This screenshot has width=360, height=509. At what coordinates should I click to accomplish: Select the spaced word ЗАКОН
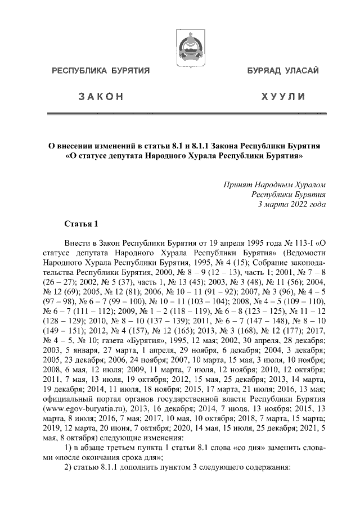(101, 97)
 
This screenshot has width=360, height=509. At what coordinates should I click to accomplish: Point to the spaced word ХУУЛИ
(280, 97)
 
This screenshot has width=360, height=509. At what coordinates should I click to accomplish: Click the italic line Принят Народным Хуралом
(274, 184)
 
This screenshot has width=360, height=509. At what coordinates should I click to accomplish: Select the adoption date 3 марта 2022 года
(291, 205)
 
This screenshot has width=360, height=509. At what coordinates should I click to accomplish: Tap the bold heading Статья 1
(82, 226)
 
